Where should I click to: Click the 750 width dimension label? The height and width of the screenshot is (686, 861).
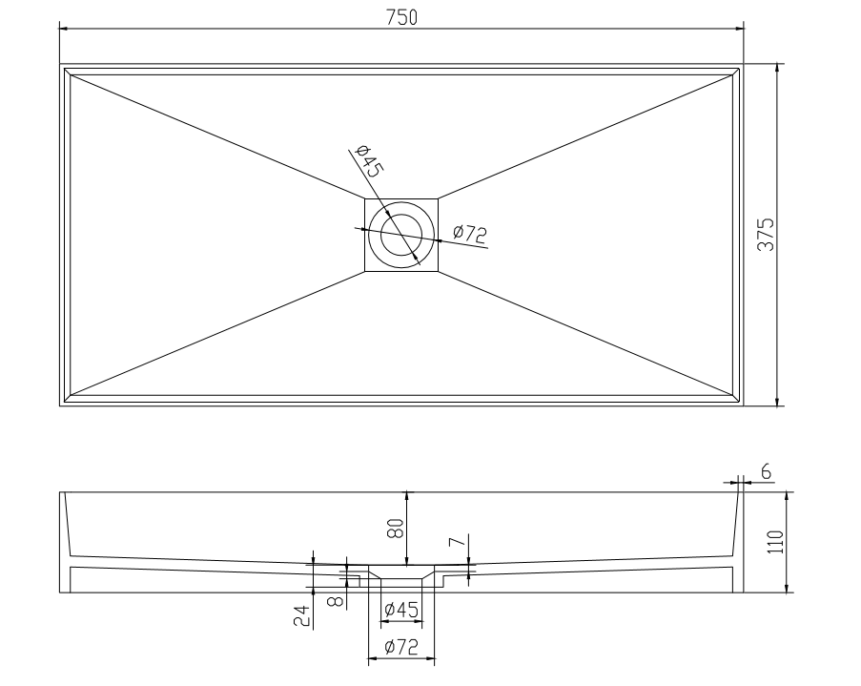point(401,17)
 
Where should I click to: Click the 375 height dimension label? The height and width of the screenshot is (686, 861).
point(766,235)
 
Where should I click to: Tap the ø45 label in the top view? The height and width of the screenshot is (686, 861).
point(368,161)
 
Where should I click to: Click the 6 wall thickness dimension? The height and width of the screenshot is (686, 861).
point(766,471)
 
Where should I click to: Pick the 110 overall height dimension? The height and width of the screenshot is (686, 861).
point(775,542)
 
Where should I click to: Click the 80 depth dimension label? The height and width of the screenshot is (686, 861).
point(397,529)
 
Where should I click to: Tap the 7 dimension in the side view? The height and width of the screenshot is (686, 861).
point(458,542)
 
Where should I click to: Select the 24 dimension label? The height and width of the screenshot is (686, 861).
point(302,616)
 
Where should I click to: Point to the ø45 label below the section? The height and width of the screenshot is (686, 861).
point(402,610)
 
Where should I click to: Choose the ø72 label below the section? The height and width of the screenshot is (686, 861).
point(402,647)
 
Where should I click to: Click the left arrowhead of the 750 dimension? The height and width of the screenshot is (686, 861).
point(64,28)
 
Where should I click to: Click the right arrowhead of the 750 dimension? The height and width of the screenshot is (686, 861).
point(739,28)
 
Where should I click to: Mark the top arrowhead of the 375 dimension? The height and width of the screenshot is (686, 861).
point(777,69)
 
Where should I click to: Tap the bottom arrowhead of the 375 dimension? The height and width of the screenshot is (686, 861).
point(777,402)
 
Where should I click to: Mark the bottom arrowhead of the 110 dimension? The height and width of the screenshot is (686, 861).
point(787,588)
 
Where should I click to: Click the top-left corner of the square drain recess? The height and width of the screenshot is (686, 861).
point(365,198)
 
